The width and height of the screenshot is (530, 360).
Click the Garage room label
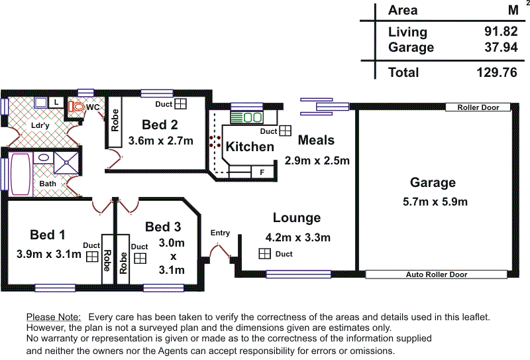tap(433, 182)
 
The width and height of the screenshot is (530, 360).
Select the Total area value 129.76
tap(496, 72)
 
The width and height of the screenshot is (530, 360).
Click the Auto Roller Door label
tap(437, 274)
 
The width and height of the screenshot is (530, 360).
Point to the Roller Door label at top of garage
tap(478, 107)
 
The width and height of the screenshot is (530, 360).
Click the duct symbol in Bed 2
tap(181, 104)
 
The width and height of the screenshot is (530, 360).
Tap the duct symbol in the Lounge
tap(264, 254)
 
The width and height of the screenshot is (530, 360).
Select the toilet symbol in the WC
tap(78, 106)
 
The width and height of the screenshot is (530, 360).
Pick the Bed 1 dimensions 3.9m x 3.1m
tap(49, 253)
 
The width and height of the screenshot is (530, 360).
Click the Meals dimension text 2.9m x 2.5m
tap(317, 160)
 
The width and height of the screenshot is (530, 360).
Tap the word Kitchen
tap(250, 147)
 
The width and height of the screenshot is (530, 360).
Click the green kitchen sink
tap(245, 117)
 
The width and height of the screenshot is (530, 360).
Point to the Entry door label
tap(220, 233)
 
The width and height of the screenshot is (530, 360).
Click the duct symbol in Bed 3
tap(140, 258)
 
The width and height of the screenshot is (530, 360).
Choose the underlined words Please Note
tap(54, 318)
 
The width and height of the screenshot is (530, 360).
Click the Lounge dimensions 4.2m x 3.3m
tap(297, 237)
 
